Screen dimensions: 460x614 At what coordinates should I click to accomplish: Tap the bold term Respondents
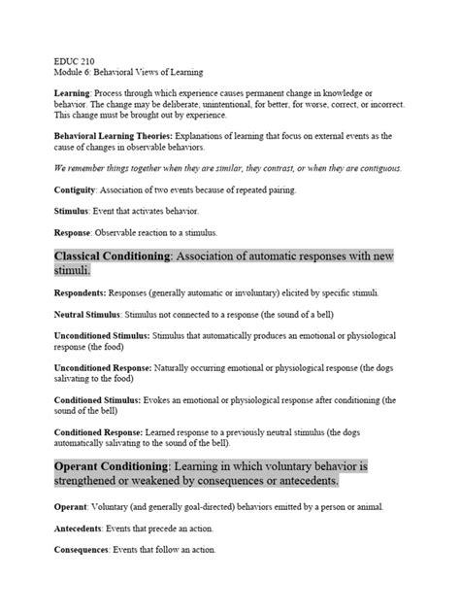[80, 293]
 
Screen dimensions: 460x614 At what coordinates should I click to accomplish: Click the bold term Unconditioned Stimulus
[102, 336]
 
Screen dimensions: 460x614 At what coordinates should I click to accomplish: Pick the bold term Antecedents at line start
[81, 529]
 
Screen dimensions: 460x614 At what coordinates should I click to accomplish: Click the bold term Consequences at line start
[84, 551]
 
